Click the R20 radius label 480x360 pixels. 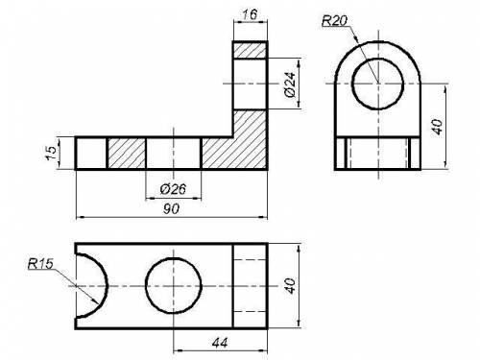334,21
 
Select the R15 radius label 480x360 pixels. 40,264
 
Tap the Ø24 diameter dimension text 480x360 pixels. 290,84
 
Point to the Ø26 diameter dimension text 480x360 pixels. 173,189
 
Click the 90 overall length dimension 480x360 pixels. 172,209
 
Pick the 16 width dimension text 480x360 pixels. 250,14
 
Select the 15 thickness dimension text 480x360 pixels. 51,153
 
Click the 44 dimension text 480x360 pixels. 220,343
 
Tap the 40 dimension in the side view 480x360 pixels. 437,127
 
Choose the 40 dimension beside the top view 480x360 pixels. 291,286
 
